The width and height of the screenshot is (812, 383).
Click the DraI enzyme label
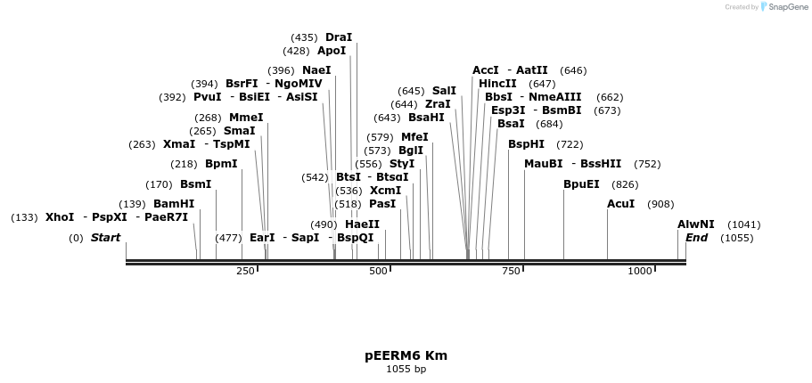339,37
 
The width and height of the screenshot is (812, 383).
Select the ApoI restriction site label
332,51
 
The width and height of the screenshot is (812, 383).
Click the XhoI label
60,217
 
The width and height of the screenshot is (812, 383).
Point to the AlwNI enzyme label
695,224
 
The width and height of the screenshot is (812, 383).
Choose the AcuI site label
621,204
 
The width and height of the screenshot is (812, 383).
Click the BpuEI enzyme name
581,184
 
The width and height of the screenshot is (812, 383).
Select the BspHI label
526,144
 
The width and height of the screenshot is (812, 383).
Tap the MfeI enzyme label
414,137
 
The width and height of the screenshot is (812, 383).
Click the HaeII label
362,224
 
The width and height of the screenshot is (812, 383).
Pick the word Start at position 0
105,238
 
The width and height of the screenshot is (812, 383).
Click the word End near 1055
696,238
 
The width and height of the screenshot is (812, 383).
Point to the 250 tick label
245,271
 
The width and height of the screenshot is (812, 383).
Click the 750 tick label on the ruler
511,271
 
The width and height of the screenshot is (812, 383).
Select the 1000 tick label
640,271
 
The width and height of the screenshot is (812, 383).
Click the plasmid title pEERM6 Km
406,355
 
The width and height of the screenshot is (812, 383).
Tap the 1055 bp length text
406,369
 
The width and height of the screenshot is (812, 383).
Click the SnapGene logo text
785,7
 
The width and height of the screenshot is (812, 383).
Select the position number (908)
660,204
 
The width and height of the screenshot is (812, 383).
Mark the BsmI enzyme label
196,184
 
